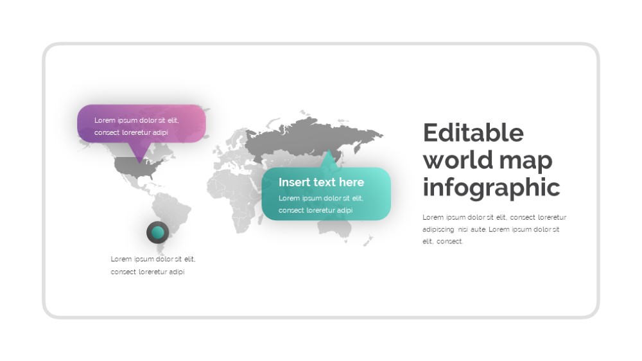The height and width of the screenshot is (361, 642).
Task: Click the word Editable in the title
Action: click(473, 132)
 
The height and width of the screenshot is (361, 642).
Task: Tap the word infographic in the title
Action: click(491, 188)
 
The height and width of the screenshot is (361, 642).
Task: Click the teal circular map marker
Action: click(158, 233)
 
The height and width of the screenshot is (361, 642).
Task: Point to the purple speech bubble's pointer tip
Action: click(139, 163)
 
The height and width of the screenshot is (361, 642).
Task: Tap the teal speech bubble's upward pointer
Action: click(328, 159)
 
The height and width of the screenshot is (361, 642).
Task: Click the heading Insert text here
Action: click(321, 182)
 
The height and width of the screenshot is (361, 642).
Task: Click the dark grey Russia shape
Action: click(311, 137)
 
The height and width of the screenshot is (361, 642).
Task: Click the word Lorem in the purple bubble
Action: click(105, 121)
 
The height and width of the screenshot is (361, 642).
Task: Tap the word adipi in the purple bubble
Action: click(160, 133)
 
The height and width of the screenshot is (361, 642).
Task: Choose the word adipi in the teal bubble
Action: click(344, 210)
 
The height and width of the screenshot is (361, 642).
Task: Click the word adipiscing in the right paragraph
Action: click(438, 229)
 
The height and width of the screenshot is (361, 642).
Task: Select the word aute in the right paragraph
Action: click(478, 229)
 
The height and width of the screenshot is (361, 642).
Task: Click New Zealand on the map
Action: click(368, 240)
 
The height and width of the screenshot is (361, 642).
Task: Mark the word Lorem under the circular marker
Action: click(121, 260)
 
